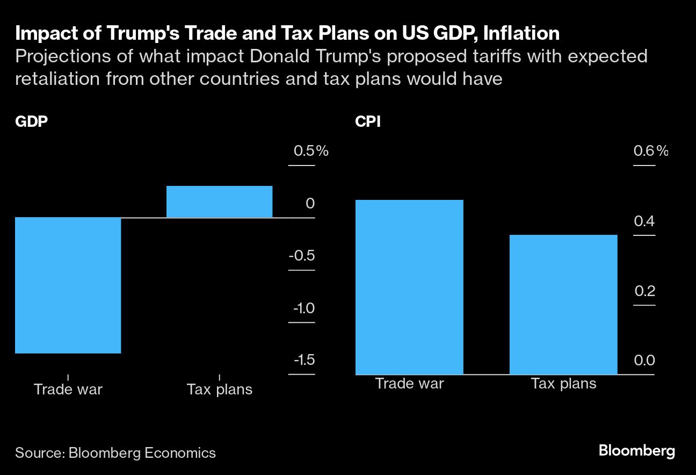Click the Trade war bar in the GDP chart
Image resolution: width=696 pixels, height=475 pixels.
click(x=68, y=285)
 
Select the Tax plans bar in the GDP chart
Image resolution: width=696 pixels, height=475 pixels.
click(x=219, y=201)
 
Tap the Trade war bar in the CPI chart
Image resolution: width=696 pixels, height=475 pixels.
click(x=409, y=287)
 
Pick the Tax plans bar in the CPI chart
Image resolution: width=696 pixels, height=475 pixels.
click(x=563, y=304)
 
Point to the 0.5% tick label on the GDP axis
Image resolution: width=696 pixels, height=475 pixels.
click(x=310, y=152)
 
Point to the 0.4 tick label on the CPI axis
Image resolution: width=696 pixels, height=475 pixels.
click(x=644, y=221)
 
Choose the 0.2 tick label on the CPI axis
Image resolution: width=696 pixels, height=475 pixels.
click(x=644, y=291)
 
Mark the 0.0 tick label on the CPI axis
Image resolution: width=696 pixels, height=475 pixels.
click(x=644, y=361)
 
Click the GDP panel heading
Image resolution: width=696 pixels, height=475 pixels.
click(x=32, y=122)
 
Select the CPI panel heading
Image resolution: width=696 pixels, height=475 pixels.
click(x=368, y=122)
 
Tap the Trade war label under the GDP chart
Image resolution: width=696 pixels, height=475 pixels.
click(x=68, y=389)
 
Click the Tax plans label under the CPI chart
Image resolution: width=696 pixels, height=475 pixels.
click(x=563, y=384)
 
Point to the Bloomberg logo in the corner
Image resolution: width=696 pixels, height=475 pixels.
click(x=637, y=451)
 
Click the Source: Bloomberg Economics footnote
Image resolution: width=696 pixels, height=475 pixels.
click(x=115, y=453)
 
